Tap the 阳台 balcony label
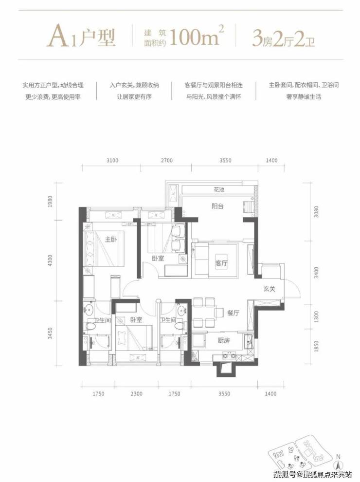point(217,206)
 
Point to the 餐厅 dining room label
point(233,313)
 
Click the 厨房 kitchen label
point(223,340)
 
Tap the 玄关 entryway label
point(269,289)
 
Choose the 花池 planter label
point(219,190)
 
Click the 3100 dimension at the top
point(112,161)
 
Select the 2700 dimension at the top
point(166,161)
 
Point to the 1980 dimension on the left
point(51,201)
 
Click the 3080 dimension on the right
point(316,211)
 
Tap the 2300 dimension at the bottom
point(136,393)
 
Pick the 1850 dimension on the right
point(316,346)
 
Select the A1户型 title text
point(81,37)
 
